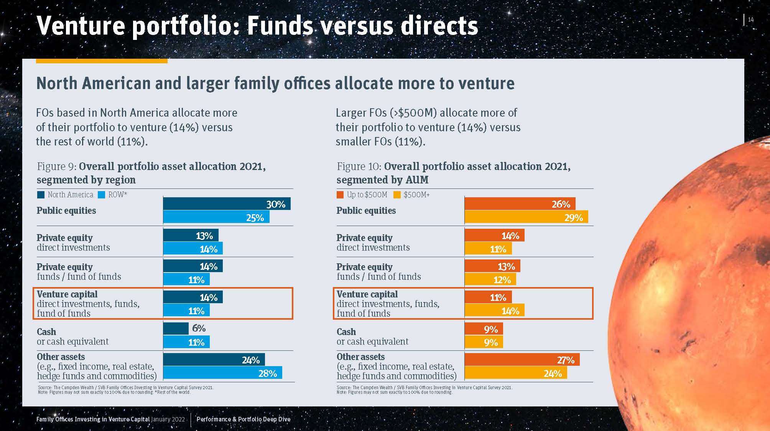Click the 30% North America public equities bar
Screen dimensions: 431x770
pos(227,204)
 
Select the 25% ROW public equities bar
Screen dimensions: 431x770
pos(216,217)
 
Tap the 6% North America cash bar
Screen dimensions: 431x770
pos(176,329)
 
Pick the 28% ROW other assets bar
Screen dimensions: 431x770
pos(222,373)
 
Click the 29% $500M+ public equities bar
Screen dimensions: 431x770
pos(526,217)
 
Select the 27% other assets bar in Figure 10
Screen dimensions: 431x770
pos(522,360)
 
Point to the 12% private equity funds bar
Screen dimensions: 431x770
pos(490,279)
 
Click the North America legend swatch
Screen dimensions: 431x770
pos(41,195)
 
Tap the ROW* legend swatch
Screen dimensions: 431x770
pos(101,195)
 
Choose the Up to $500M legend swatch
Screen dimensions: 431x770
pos(340,195)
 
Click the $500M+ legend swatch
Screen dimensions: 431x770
pos(397,195)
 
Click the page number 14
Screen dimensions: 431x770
pos(750,20)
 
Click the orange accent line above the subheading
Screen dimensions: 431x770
pos(102,61)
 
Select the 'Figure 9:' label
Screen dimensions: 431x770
pos(57,166)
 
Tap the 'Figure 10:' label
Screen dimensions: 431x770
pos(359,166)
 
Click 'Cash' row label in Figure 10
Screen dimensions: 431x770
pos(346,332)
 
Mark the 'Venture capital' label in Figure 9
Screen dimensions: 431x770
pos(67,294)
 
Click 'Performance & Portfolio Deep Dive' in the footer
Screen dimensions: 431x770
pos(244,419)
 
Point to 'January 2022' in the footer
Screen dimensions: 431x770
pos(168,419)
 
